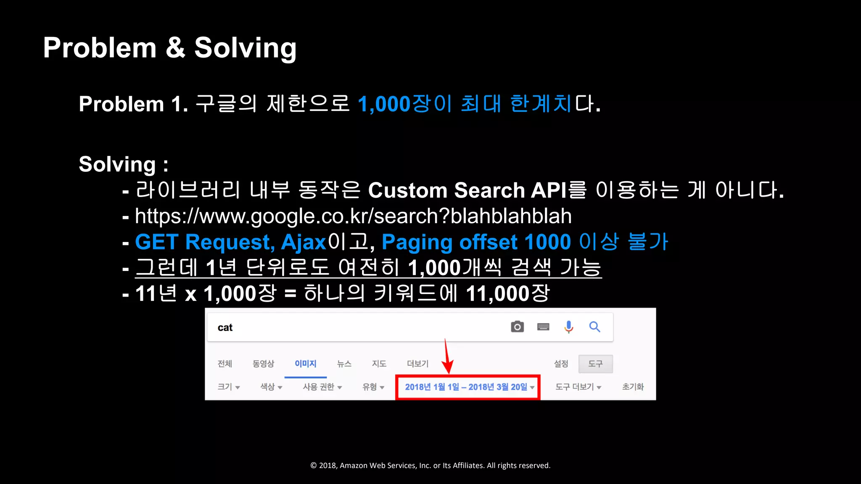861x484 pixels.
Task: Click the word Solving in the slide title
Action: pyautogui.click(x=245, y=48)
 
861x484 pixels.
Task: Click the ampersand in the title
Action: pyautogui.click(x=175, y=47)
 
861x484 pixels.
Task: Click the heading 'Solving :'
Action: pyautogui.click(x=123, y=164)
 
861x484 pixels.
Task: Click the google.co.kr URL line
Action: pyautogui.click(x=353, y=216)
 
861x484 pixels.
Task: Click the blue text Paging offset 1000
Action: pyautogui.click(x=476, y=242)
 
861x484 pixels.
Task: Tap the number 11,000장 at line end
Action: pyautogui.click(x=507, y=293)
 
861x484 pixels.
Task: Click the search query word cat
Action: pyautogui.click(x=225, y=328)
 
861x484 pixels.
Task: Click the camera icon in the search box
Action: pyautogui.click(x=517, y=327)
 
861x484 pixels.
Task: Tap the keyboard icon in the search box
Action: pyautogui.click(x=543, y=327)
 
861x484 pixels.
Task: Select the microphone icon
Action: pyautogui.click(x=568, y=327)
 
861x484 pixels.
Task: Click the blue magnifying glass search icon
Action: pyautogui.click(x=594, y=327)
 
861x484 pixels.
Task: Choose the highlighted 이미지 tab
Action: pyautogui.click(x=305, y=364)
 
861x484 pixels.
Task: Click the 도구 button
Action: pyautogui.click(x=595, y=364)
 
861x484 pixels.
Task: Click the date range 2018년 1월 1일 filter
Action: pyautogui.click(x=467, y=387)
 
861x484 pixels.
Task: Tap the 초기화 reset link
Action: pyautogui.click(x=633, y=387)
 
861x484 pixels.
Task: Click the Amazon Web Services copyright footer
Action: pyautogui.click(x=430, y=466)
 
